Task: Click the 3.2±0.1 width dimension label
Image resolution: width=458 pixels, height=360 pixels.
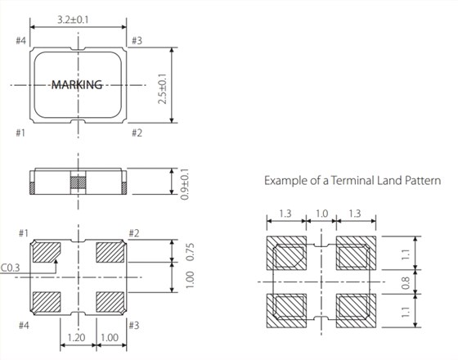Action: click(73, 20)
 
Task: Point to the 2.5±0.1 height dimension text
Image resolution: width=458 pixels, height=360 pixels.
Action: click(163, 89)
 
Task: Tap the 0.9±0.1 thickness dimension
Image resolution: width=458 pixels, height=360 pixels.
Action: click(185, 184)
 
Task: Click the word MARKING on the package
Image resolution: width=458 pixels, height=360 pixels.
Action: click(77, 85)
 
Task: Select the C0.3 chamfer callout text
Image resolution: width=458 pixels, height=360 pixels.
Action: click(10, 268)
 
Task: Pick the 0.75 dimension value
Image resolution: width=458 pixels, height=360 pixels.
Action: click(190, 252)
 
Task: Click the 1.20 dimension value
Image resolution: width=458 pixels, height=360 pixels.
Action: click(77, 337)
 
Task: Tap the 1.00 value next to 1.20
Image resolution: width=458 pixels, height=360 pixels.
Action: click(110, 337)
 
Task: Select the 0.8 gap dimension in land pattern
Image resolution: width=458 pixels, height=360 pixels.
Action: click(406, 283)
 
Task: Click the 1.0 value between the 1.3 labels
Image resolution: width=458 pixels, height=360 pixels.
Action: click(321, 214)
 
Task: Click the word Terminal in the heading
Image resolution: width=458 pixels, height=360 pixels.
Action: click(352, 180)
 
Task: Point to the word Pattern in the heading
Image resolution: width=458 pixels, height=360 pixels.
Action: click(423, 180)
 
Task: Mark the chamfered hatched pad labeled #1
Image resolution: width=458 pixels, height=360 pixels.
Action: click(47, 252)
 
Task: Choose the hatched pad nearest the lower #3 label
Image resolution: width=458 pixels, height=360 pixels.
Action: click(110, 302)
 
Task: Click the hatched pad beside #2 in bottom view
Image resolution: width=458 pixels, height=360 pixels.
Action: click(110, 252)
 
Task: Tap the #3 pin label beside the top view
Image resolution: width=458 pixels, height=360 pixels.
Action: click(137, 41)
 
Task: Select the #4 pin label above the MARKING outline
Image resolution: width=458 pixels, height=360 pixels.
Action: click(20, 41)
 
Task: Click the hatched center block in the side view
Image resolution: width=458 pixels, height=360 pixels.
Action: click(79, 182)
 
